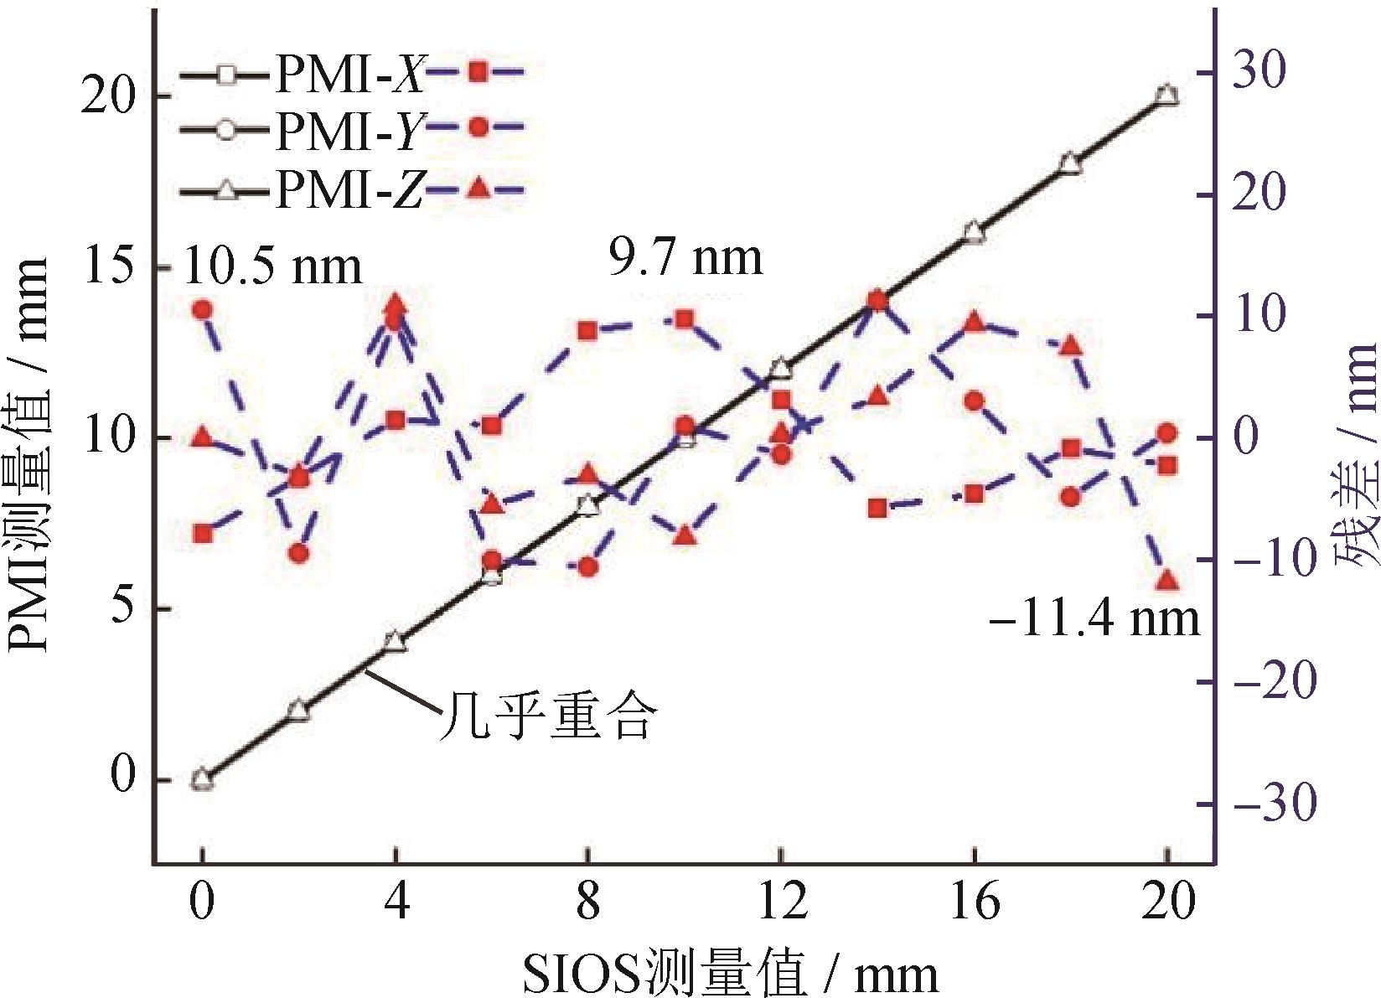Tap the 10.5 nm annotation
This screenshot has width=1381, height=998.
coord(272,266)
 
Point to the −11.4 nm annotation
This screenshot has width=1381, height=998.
coord(1094,618)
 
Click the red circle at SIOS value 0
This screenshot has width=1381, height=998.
coord(202,309)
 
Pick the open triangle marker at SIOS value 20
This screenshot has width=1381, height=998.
coord(1167,95)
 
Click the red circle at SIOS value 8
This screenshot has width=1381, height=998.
coord(588,567)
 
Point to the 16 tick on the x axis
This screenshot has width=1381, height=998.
coord(975,903)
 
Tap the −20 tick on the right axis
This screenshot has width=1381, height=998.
coord(1270,681)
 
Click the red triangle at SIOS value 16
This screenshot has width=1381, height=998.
coord(974,321)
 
